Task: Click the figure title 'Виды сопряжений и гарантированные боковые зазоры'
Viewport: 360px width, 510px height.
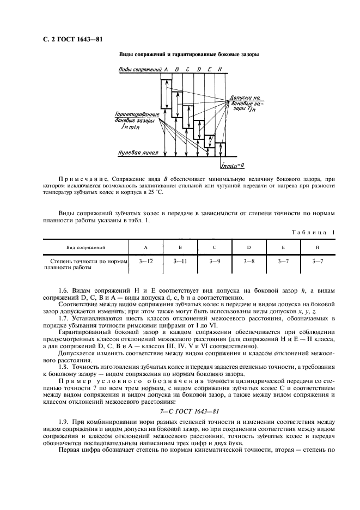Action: tap(188, 54)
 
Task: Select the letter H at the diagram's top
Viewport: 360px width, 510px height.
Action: tap(219, 70)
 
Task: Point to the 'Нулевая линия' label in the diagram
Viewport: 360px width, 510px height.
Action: tap(138, 154)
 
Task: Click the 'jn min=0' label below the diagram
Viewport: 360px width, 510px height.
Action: tap(233, 164)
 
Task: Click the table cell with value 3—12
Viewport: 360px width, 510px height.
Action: tap(146, 262)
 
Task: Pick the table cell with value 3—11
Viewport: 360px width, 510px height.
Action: tap(180, 262)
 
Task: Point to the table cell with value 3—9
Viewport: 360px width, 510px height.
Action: tap(215, 262)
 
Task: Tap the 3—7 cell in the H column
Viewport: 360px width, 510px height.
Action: tap(318, 262)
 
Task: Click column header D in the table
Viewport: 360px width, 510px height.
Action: tap(249, 247)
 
